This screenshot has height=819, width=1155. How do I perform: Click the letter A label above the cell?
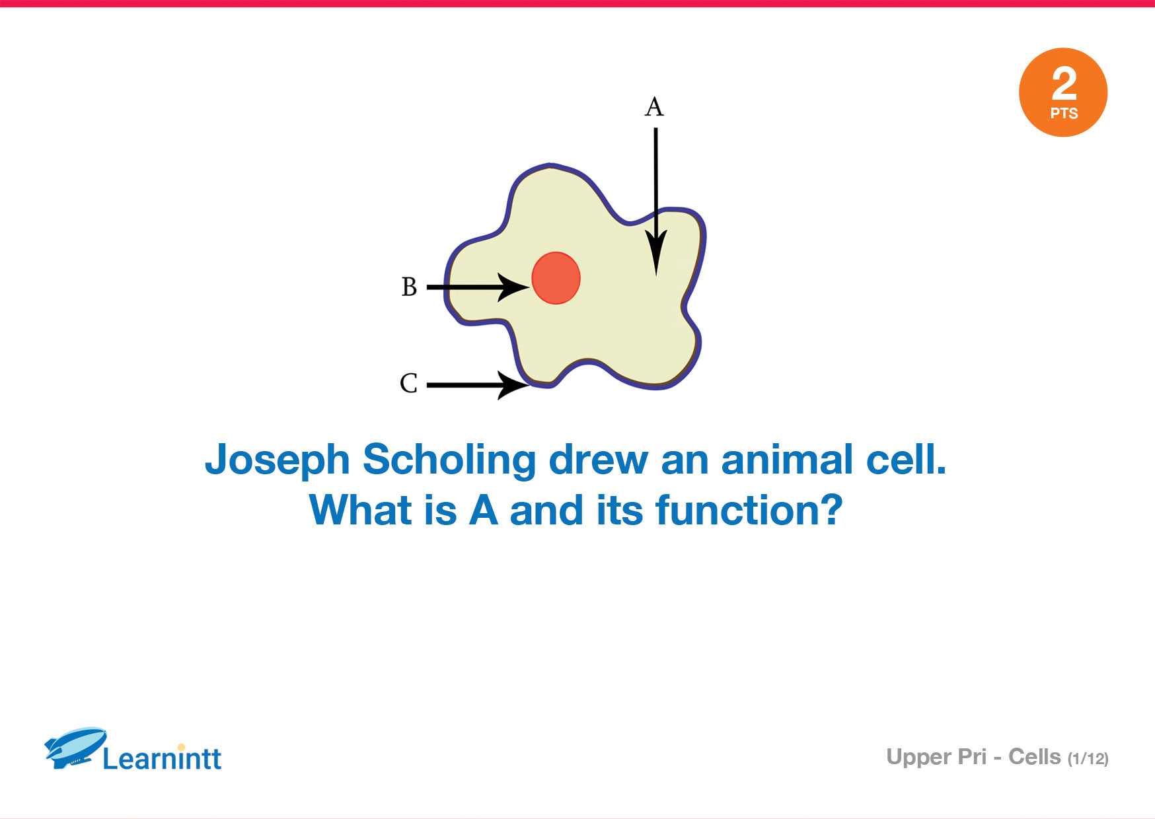click(654, 106)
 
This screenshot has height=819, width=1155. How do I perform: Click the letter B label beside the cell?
click(409, 287)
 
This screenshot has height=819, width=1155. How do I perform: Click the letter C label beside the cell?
click(409, 383)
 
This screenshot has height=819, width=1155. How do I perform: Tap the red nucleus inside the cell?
click(556, 278)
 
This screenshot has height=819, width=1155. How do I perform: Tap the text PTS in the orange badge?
click(1064, 114)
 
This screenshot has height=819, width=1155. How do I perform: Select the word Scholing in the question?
click(449, 461)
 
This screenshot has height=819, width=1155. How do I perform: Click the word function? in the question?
click(749, 511)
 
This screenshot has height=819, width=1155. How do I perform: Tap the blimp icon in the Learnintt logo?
click(75, 748)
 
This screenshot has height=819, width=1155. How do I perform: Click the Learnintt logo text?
click(162, 758)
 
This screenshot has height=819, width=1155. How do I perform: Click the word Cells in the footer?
click(1034, 757)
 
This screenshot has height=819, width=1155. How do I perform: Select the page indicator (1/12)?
click(1088, 759)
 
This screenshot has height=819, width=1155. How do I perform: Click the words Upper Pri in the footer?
click(936, 758)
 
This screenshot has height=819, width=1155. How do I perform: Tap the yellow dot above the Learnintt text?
click(182, 748)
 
